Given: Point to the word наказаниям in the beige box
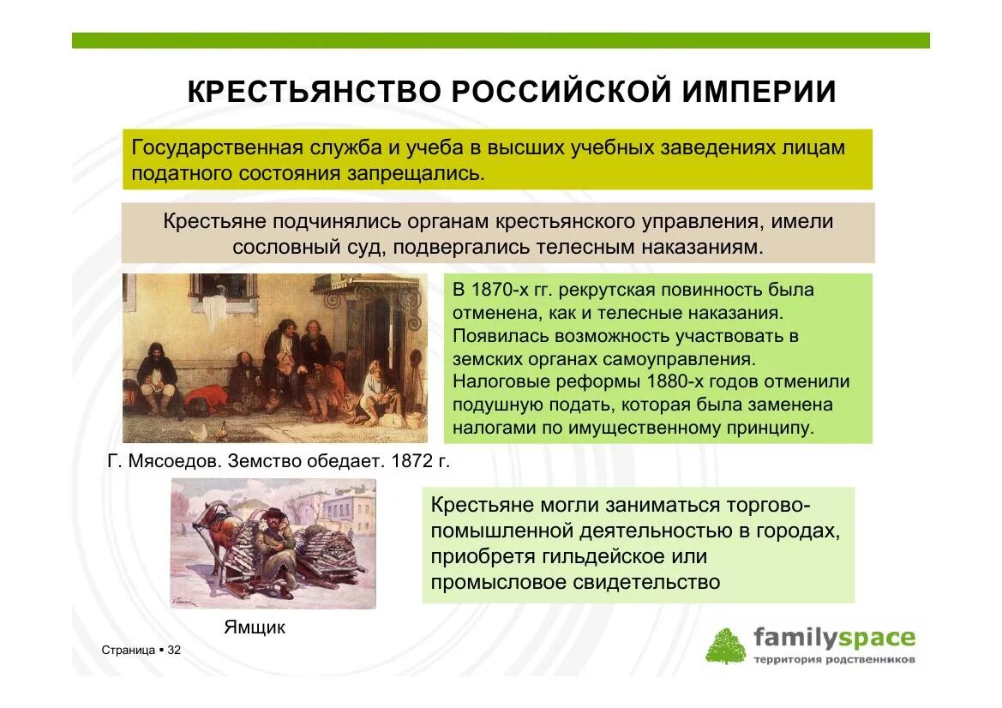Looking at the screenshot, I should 699,247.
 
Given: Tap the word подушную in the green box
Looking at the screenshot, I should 497,405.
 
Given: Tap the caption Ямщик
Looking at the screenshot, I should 255,627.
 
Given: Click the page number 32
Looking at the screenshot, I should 174,651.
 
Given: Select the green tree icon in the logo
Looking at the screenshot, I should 725,645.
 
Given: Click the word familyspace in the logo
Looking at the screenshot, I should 834,638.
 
